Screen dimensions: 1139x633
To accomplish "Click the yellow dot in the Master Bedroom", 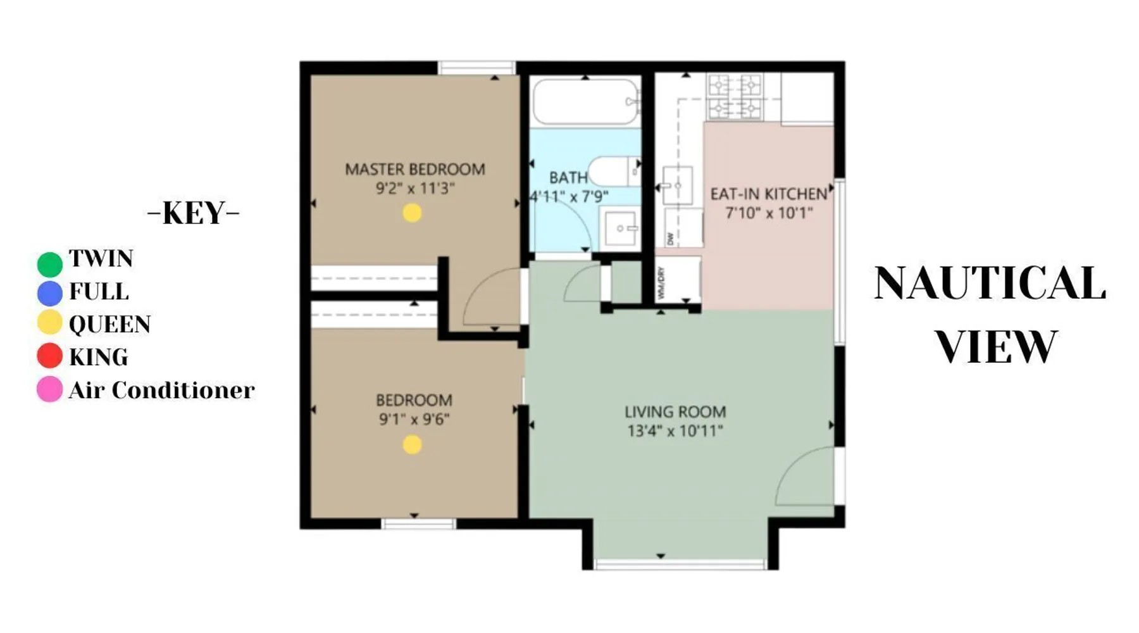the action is coord(412,213).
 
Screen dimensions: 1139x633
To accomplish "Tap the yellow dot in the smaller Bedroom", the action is coord(412,445).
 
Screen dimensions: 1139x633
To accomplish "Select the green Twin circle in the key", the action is coord(50,264).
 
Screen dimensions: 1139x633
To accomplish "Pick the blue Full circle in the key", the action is coord(50,293).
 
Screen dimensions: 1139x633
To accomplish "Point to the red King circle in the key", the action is coord(50,356).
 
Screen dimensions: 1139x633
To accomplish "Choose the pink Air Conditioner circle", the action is coord(50,389).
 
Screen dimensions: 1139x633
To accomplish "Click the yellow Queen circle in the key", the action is coord(50,323).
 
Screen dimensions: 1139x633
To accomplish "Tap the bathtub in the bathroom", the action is coord(586,101).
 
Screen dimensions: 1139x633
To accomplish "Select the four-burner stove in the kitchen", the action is coord(735,97).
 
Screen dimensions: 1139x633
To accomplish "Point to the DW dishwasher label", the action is coord(670,239).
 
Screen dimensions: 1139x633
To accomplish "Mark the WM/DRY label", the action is coord(661,283).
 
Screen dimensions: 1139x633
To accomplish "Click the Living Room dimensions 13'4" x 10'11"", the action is coord(675,431).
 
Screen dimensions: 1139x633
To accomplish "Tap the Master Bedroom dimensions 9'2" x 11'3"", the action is coord(415,189).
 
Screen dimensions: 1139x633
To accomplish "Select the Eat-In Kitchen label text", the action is coord(769,194).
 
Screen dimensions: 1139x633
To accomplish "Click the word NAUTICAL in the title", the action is coord(990,283).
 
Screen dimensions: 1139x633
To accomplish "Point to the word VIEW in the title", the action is coord(997,346).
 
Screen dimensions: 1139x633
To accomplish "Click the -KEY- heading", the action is coord(193,213).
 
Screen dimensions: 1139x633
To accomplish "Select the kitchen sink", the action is coord(677,185).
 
